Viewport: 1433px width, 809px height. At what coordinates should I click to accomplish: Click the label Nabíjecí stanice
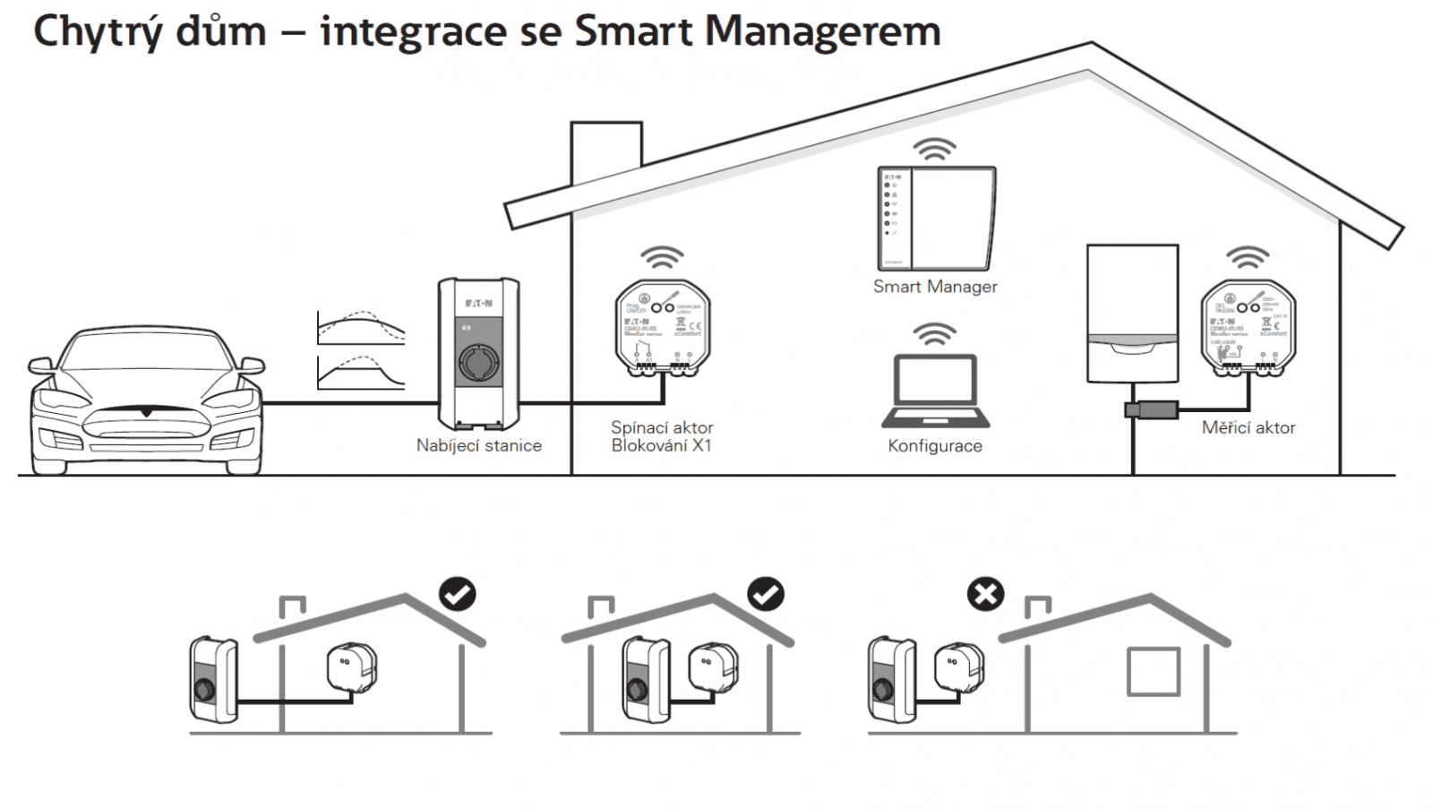click(478, 445)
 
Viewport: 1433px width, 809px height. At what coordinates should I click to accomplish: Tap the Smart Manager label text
click(935, 287)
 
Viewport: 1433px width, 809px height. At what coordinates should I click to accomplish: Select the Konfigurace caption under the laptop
click(935, 446)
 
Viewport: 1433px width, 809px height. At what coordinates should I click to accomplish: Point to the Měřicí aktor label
click(1249, 428)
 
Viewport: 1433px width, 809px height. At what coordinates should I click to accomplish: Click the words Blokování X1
click(661, 446)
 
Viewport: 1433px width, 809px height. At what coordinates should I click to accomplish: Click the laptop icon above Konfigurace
click(936, 392)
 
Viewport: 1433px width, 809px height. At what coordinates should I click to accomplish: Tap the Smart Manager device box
click(936, 218)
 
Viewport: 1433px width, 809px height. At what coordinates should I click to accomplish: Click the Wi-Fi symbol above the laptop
click(934, 335)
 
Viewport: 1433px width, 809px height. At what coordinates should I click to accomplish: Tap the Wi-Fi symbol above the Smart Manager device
click(934, 149)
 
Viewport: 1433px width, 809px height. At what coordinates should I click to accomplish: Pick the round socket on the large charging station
click(479, 363)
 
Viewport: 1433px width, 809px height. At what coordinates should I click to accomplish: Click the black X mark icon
click(985, 594)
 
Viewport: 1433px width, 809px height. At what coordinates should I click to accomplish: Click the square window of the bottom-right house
click(1153, 671)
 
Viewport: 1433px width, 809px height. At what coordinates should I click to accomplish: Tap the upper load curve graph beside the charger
click(361, 328)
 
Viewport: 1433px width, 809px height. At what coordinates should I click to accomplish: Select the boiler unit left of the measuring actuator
click(1132, 313)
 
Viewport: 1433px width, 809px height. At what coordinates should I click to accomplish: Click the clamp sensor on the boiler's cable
click(1151, 410)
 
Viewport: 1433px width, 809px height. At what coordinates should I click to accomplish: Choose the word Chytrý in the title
click(99, 31)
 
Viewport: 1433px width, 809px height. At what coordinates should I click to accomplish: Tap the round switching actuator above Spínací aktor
click(663, 326)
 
